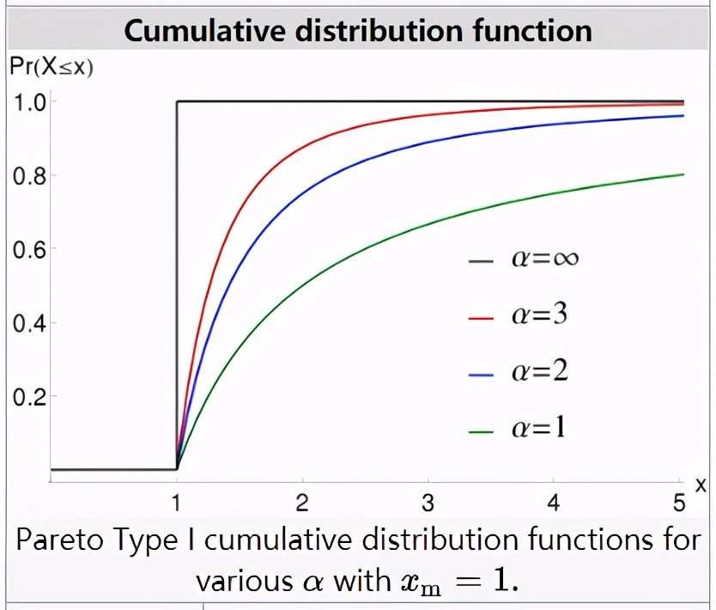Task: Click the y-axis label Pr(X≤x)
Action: click(x=51, y=67)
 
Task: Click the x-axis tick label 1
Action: click(x=176, y=502)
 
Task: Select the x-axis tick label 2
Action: click(x=301, y=502)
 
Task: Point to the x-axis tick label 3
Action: click(x=428, y=502)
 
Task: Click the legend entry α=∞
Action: click(x=544, y=259)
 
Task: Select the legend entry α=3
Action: click(x=539, y=315)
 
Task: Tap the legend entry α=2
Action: click(x=539, y=372)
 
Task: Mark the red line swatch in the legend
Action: click(x=483, y=318)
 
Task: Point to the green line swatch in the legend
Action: click(x=483, y=430)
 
